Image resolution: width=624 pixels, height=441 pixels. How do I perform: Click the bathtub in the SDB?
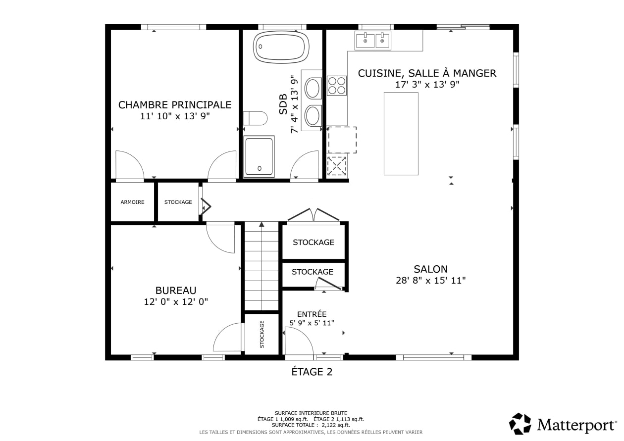click(x=281, y=47)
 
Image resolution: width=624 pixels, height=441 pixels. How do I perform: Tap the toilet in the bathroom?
click(x=255, y=118)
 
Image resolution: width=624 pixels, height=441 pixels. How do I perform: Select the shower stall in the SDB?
click(x=259, y=156)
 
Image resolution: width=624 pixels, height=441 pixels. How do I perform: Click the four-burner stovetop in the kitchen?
click(x=337, y=86)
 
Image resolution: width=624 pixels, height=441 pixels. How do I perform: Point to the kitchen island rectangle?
click(x=401, y=134)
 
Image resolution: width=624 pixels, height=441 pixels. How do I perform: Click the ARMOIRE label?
click(x=132, y=202)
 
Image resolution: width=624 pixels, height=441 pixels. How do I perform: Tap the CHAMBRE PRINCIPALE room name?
click(x=175, y=105)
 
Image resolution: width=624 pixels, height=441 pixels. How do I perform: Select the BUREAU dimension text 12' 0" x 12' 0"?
click(x=176, y=302)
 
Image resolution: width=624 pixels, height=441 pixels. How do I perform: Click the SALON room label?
click(x=431, y=269)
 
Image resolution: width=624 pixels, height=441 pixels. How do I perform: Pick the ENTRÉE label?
click(x=312, y=314)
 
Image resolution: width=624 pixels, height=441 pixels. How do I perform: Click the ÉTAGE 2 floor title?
click(x=312, y=372)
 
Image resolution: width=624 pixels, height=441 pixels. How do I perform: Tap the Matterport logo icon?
click(x=520, y=424)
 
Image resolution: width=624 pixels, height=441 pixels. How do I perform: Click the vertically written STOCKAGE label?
click(x=262, y=334)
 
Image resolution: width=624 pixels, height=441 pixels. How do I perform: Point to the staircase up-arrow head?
click(x=261, y=224)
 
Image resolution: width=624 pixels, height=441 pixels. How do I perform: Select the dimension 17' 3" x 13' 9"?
click(x=427, y=84)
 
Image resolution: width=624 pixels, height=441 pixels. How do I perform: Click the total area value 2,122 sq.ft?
click(x=336, y=425)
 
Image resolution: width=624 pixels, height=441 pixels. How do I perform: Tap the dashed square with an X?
click(x=337, y=166)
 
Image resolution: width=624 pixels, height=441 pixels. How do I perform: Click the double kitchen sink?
click(x=373, y=41)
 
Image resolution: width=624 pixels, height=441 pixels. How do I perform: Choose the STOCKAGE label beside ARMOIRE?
click(x=178, y=202)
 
